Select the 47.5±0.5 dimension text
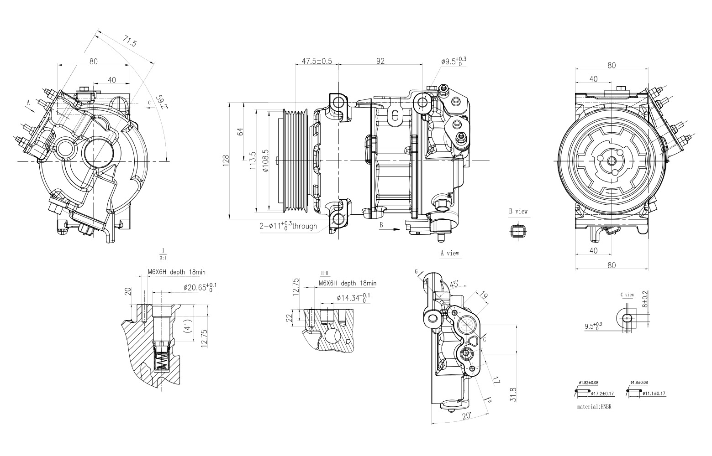tap(316, 61)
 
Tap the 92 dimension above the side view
tap(380, 61)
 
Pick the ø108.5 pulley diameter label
tap(266, 161)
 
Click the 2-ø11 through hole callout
tap(288, 226)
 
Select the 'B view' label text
tap(518, 212)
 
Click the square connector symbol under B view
tap(517, 230)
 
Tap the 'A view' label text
tap(449, 253)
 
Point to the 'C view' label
tap(627, 295)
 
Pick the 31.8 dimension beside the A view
tap(513, 394)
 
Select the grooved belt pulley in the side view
tap(295, 161)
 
